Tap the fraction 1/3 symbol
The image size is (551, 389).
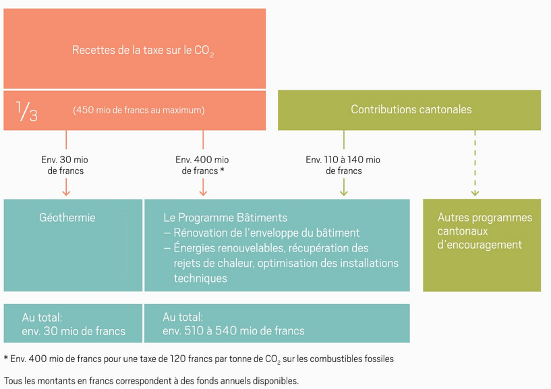coord(26,110)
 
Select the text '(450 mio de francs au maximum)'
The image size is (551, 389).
coord(138,110)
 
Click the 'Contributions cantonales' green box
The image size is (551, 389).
coord(411,109)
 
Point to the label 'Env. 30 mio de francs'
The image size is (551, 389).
coord(65,165)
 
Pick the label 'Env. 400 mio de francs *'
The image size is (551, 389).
coord(202,165)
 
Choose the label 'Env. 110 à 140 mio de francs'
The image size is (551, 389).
coord(343,165)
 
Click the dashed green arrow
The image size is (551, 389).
coord(475,162)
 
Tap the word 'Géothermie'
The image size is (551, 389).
coord(67,218)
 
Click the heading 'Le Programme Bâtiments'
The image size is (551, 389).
coord(225,218)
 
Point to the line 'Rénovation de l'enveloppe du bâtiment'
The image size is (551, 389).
coord(266,233)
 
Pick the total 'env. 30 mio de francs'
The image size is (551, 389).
coord(74,331)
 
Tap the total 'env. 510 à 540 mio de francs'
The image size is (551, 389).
coord(233,331)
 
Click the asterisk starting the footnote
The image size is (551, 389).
coord(5,358)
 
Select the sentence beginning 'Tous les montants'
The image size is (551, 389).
coord(151,381)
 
